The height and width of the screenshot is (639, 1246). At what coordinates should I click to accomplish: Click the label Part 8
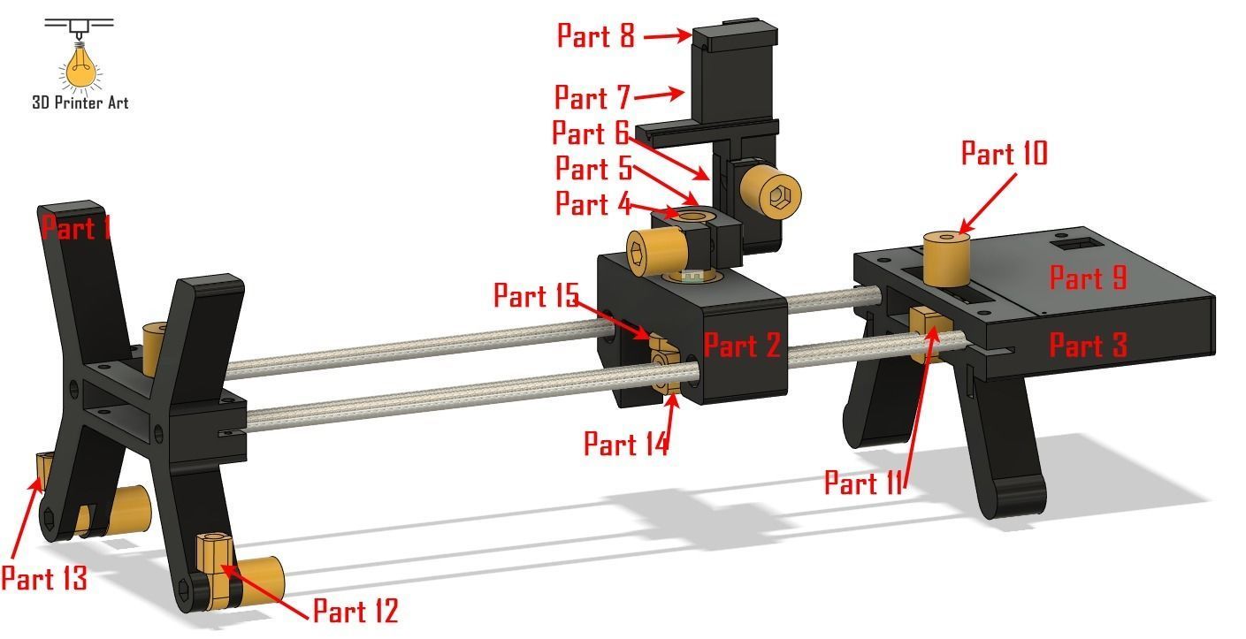(x=595, y=36)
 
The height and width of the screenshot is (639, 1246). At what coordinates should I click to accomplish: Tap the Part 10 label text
(x=1004, y=154)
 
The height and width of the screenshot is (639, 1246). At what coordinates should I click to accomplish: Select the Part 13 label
(x=43, y=579)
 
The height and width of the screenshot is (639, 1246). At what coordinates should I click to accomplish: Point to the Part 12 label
(x=355, y=611)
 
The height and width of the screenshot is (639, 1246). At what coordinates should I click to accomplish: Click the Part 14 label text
(x=625, y=444)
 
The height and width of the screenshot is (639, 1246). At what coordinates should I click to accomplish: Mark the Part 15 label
(x=535, y=295)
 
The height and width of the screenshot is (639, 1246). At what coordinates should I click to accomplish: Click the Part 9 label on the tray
(x=1088, y=278)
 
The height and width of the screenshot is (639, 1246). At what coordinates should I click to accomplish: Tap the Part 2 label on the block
(x=742, y=346)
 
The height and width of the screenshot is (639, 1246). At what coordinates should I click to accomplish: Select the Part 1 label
(x=76, y=228)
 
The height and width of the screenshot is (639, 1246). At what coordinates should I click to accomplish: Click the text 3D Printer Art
(x=80, y=103)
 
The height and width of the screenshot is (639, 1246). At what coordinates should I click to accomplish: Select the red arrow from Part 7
(x=660, y=94)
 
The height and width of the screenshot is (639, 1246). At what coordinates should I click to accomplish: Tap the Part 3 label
(x=1088, y=345)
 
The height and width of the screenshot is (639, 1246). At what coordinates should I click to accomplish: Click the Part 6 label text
(x=590, y=133)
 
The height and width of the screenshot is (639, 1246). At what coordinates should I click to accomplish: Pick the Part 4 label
(x=592, y=204)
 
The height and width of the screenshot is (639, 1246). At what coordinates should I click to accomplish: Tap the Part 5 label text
(x=593, y=168)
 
